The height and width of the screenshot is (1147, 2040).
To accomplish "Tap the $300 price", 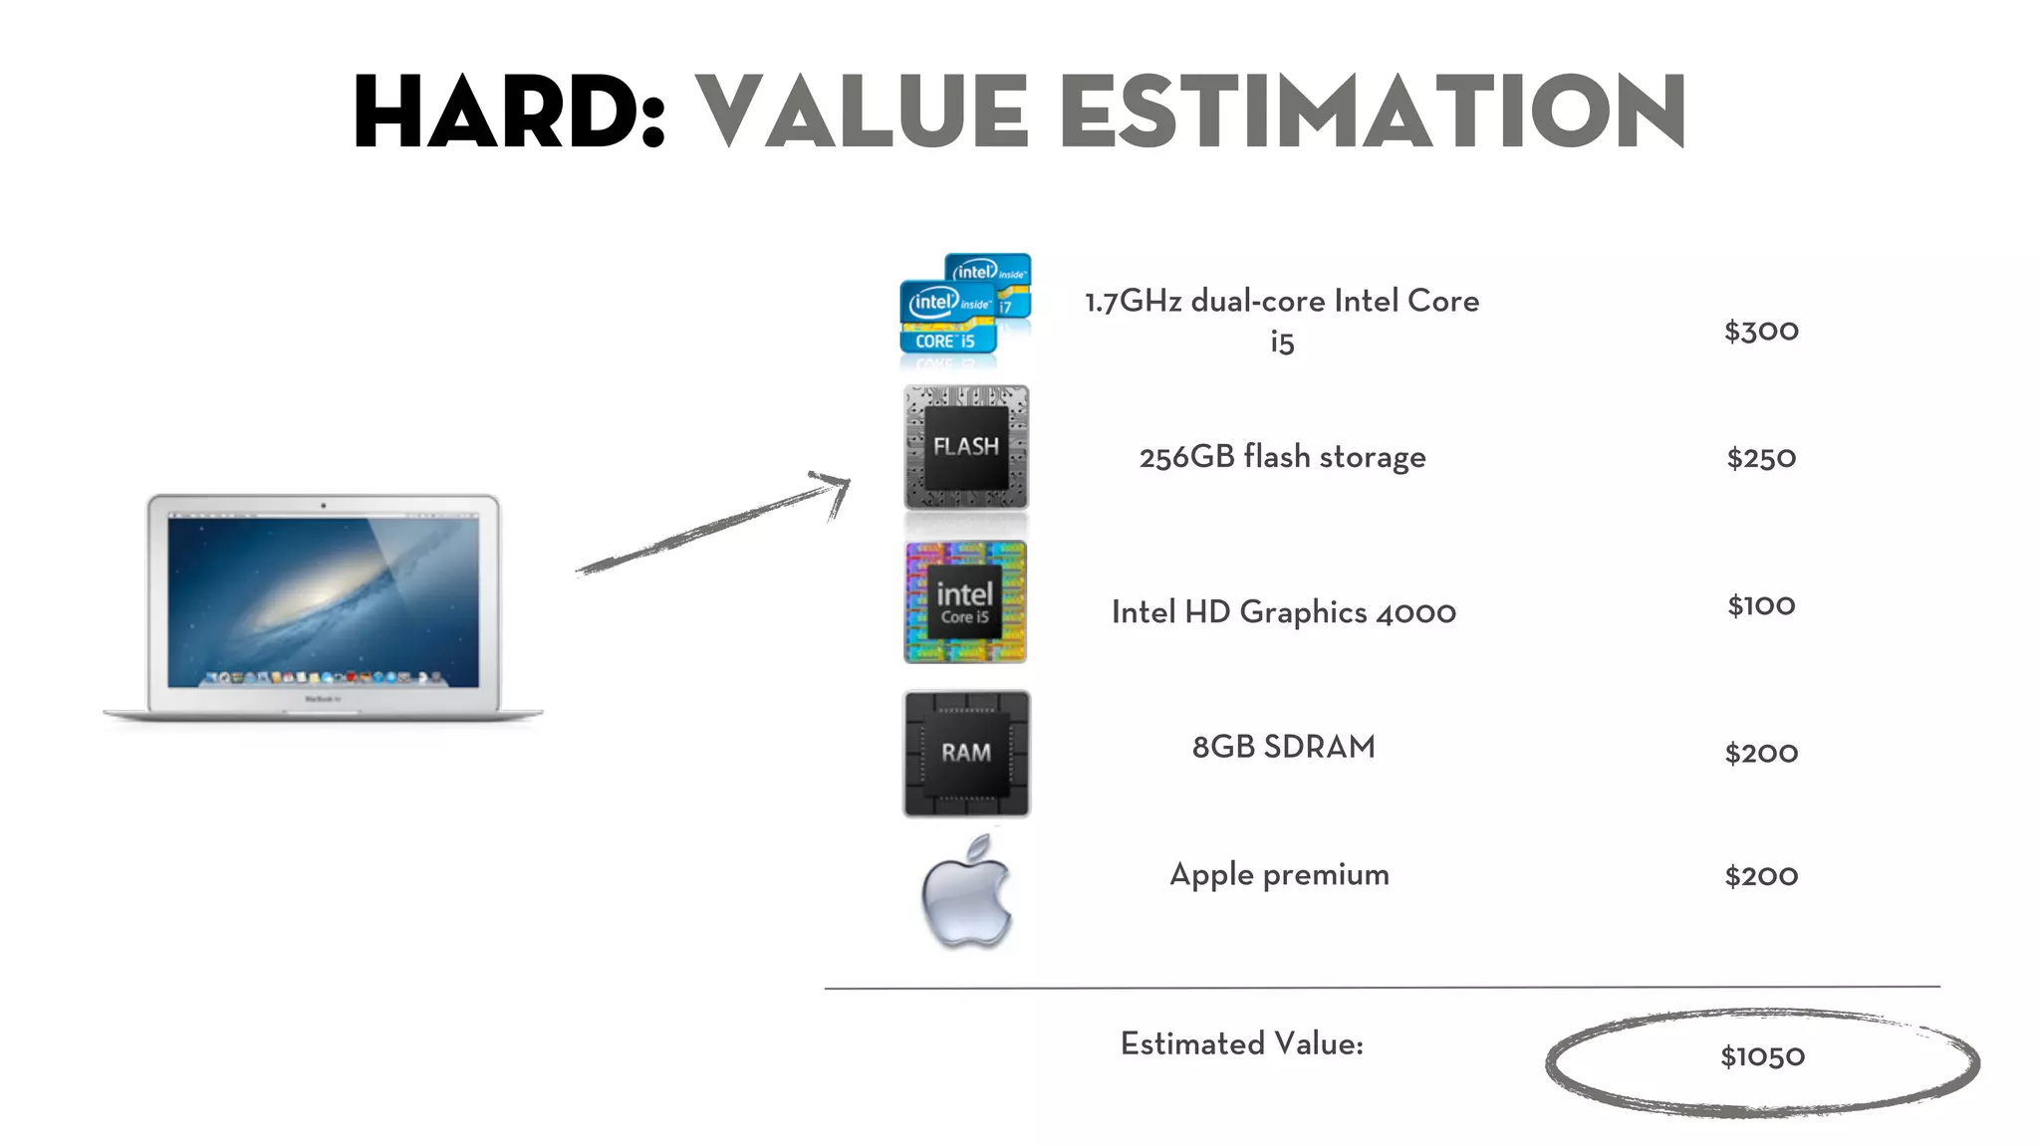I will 1761,331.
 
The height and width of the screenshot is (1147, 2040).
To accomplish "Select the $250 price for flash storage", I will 1761,458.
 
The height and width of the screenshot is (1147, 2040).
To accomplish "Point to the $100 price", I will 1761,605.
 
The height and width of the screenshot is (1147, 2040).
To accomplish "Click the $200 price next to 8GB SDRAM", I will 1761,753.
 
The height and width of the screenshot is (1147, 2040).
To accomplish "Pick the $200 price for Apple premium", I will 1761,876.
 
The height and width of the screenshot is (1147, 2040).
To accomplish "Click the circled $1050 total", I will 1762,1056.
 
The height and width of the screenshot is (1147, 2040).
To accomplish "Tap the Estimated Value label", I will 1241,1043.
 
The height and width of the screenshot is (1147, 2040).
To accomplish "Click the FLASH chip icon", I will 965,447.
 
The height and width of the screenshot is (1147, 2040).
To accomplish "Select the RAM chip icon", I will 966,753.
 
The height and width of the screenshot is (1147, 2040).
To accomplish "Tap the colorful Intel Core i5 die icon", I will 964,602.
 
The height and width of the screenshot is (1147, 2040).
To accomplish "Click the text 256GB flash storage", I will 1282,457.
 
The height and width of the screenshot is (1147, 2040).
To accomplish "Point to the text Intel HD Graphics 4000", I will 1283,611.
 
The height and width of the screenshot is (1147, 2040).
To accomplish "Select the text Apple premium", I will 1279,874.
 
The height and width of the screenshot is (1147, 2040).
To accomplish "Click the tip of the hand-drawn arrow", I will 847,482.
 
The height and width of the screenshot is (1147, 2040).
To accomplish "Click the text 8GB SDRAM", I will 1283,747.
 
